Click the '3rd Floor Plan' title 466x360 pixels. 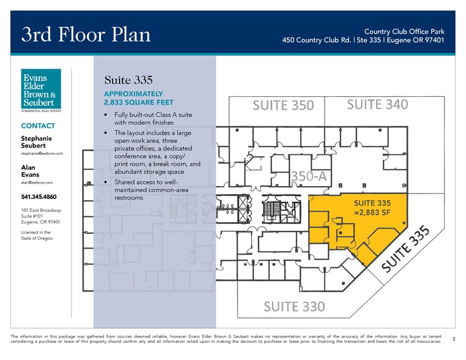tap(86, 34)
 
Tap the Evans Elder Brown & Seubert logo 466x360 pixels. tap(41, 90)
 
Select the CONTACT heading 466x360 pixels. tap(38, 126)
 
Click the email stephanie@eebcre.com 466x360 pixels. tap(42, 154)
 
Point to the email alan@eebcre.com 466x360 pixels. tap(37, 182)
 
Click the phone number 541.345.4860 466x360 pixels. tap(39, 197)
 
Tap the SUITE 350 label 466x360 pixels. tap(284, 105)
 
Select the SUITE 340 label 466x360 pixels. tap(377, 105)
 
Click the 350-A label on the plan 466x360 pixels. tap(309, 176)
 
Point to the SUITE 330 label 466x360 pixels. tap(294, 307)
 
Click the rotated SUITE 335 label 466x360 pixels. tap(405, 249)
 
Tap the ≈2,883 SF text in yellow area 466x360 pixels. tap(372, 212)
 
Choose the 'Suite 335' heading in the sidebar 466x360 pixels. tap(129, 80)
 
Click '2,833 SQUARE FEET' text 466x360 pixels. tap(139, 102)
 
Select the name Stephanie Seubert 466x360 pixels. tap(36, 142)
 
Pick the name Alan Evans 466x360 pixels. tap(30, 171)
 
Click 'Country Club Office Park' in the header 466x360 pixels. tap(404, 31)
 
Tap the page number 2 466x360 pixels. tap(454, 339)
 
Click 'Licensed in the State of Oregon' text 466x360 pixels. tap(37, 235)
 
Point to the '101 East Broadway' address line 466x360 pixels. tap(41, 210)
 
